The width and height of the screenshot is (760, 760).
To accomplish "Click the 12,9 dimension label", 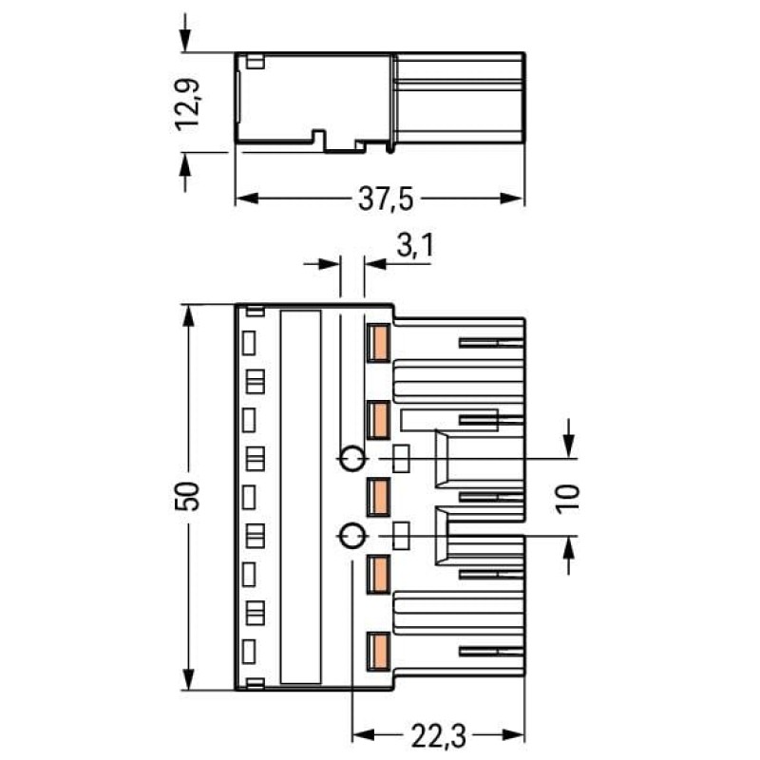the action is (x=187, y=104).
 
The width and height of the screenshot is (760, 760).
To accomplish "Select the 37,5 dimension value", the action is (x=386, y=199).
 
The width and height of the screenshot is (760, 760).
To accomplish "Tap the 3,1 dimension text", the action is (x=415, y=246).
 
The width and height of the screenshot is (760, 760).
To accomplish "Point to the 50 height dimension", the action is (x=187, y=496).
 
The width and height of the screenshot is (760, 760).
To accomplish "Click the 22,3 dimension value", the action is (x=438, y=735).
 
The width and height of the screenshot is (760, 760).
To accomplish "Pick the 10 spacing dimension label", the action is (x=567, y=499).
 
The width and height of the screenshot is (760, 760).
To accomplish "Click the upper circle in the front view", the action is (x=351, y=458).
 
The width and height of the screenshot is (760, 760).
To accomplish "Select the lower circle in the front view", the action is (x=351, y=536).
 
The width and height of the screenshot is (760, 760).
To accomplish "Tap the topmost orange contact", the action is (x=378, y=343).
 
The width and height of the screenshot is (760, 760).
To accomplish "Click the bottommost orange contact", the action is (x=378, y=652).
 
